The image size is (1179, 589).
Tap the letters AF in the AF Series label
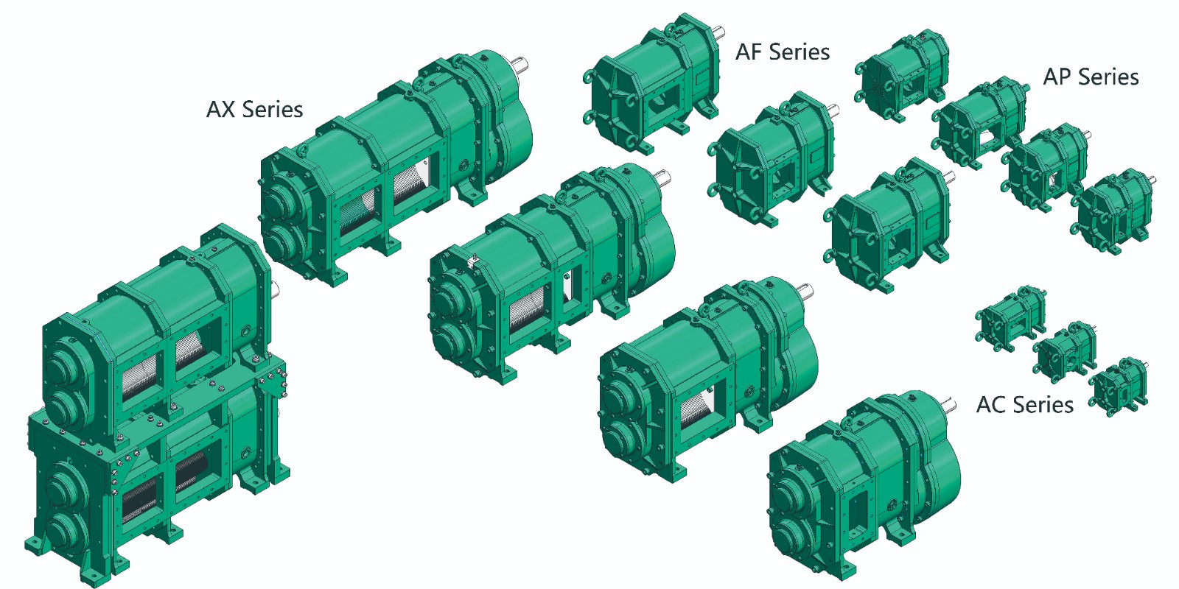(x=749, y=52)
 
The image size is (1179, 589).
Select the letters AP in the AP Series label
(x=1057, y=77)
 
